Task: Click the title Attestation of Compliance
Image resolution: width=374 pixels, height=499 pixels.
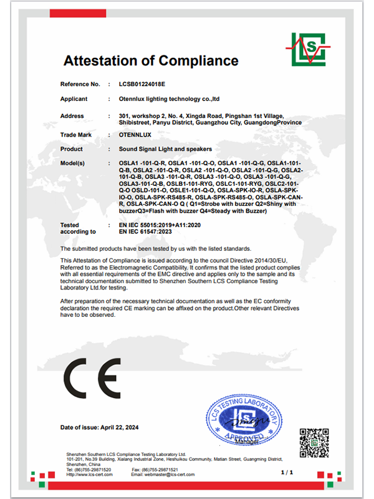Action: pyautogui.click(x=151, y=61)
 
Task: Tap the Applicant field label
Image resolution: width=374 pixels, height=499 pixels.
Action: pyautogui.click(x=74, y=99)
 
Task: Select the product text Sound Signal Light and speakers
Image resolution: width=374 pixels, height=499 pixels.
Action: pyautogui.click(x=165, y=149)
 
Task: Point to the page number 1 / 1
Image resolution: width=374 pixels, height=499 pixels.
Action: pyautogui.click(x=287, y=474)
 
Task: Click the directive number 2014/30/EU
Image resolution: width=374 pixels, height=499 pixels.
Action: pyautogui.click(x=266, y=259)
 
